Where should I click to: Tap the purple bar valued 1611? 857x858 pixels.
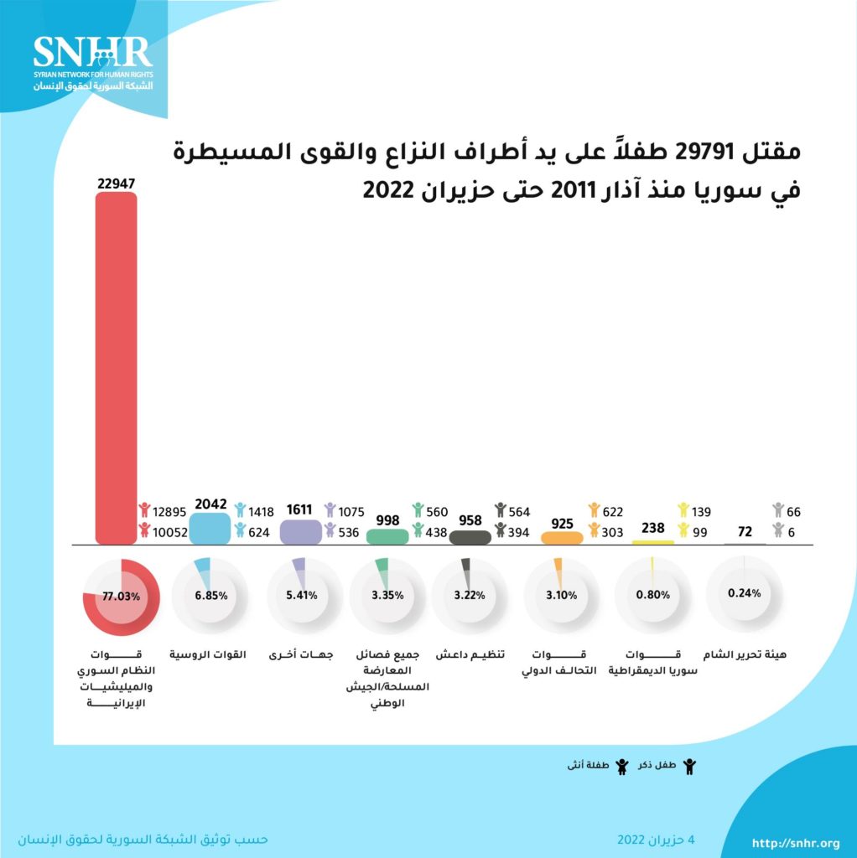pyautogui.click(x=299, y=532)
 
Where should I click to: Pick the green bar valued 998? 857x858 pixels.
pyautogui.click(x=387, y=536)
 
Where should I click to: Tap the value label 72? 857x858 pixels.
pyautogui.click(x=743, y=531)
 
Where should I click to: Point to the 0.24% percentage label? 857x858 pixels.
pyautogui.click(x=745, y=593)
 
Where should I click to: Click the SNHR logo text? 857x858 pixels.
pyautogui.click(x=93, y=52)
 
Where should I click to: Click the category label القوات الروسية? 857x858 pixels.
pyautogui.click(x=209, y=655)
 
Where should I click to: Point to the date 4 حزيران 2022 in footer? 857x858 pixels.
pyautogui.click(x=657, y=839)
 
